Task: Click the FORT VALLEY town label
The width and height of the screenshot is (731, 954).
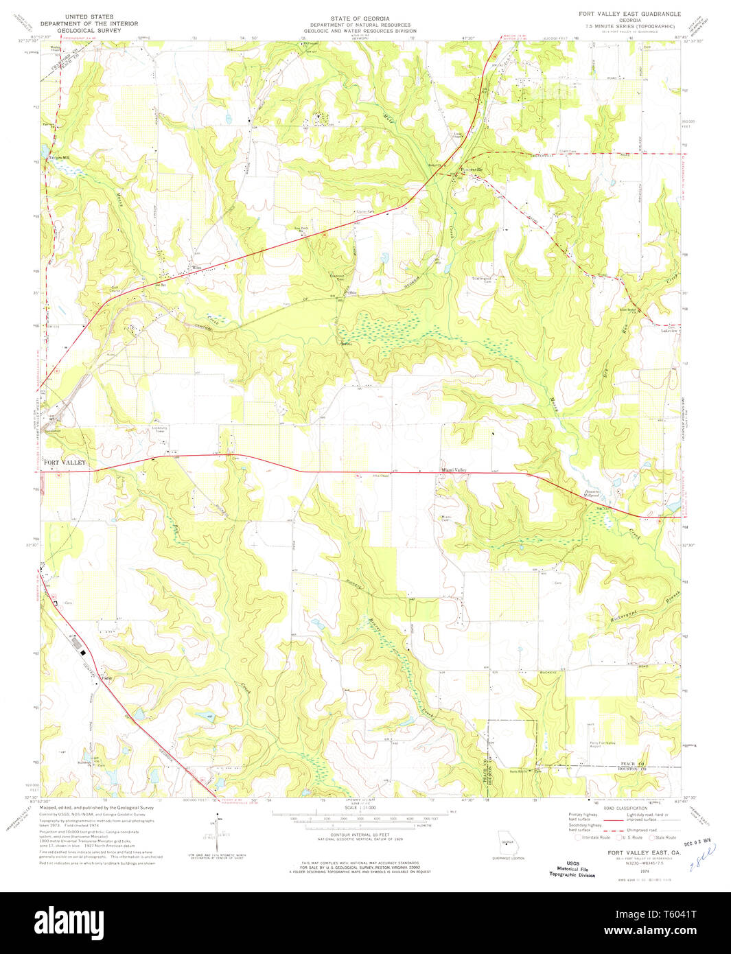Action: coord(65,463)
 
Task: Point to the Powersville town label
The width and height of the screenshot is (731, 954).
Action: coord(471,169)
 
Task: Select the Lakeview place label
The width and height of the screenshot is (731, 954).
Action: coord(669,331)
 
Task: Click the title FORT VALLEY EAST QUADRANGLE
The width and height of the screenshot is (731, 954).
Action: coord(630,14)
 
